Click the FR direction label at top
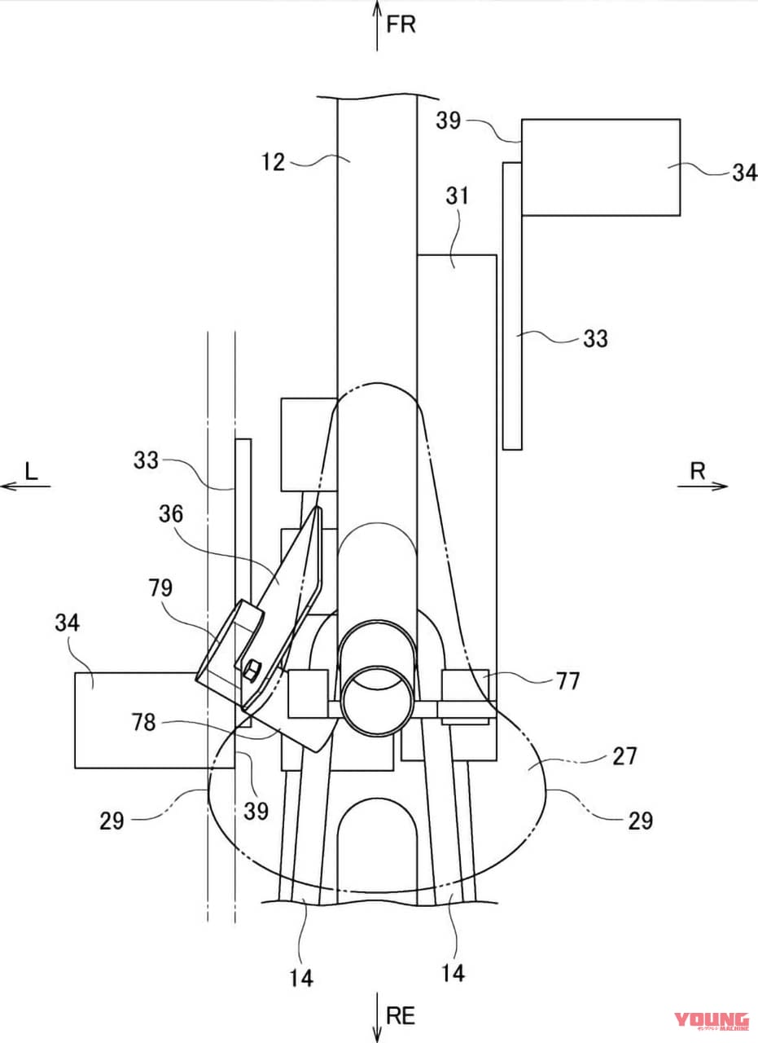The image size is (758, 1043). (x=401, y=24)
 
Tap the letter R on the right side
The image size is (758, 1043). (x=698, y=472)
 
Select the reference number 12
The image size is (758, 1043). (x=273, y=162)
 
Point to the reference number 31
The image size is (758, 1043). (x=457, y=196)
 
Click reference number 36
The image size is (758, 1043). (x=171, y=514)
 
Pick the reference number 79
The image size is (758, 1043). (x=160, y=588)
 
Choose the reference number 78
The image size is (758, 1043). (x=143, y=723)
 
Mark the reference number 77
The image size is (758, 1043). (x=567, y=681)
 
